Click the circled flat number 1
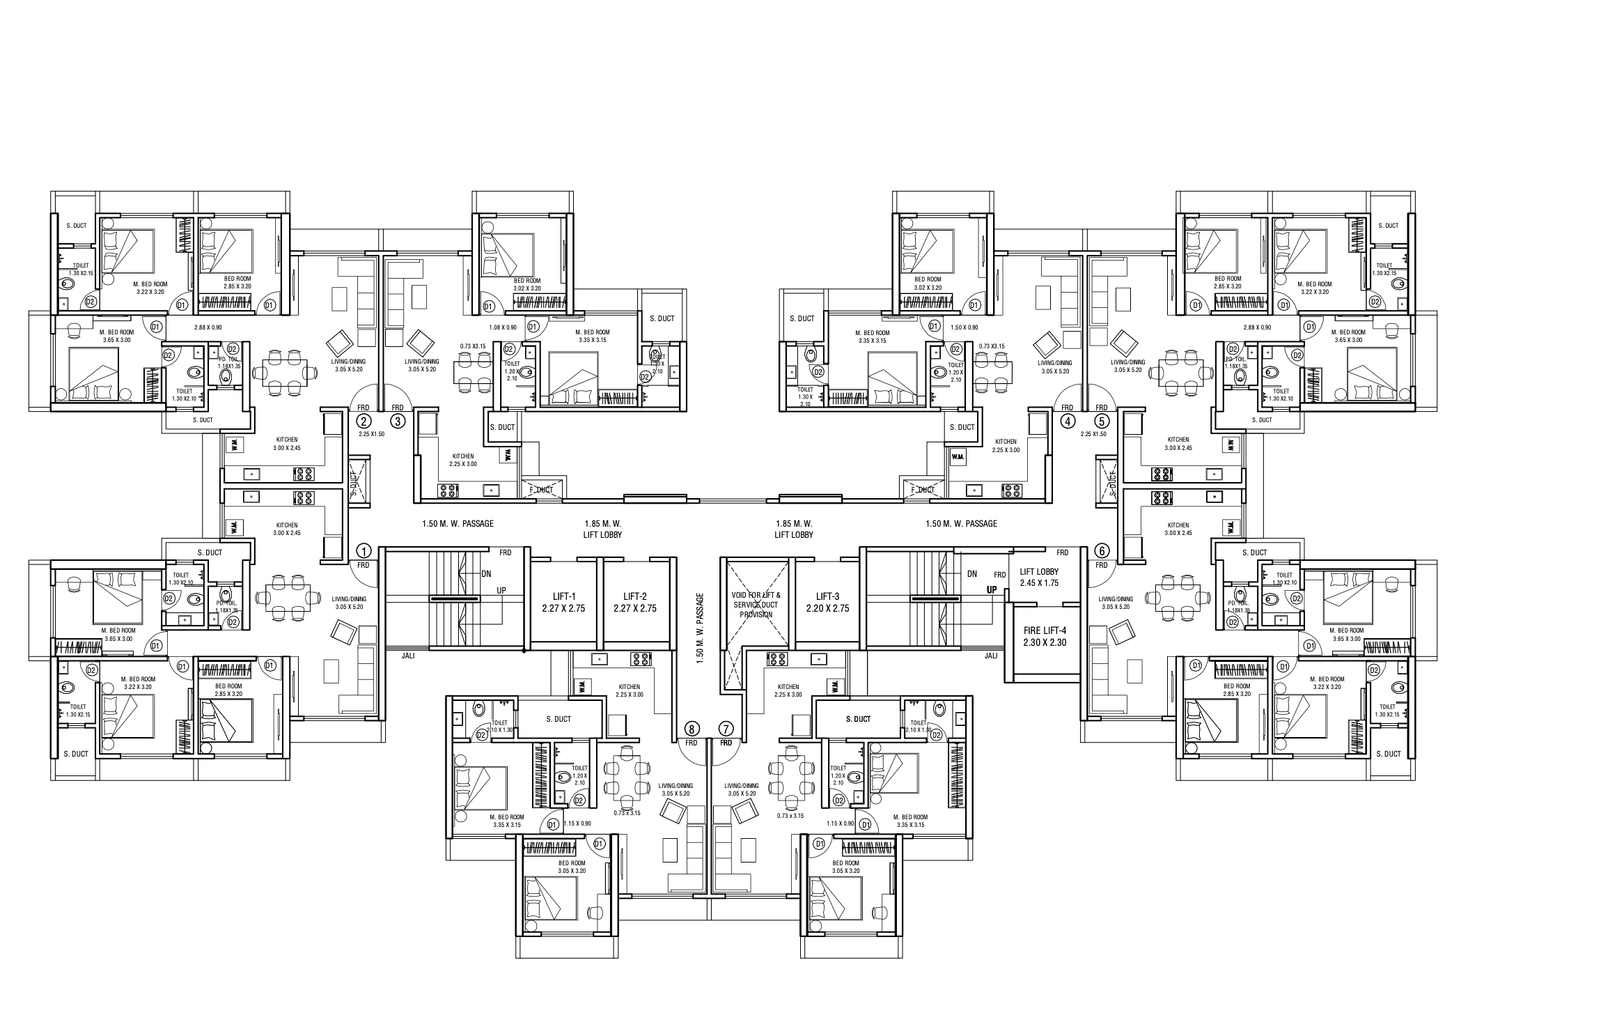point(362,550)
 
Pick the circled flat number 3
point(398,421)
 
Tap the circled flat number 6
point(1101,550)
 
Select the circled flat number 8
point(691,729)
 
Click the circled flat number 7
point(726,729)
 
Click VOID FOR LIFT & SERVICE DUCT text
point(756,605)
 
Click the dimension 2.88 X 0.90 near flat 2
point(208,327)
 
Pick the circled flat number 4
point(1067,421)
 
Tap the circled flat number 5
point(1102,421)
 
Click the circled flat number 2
point(363,421)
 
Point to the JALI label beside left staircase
point(408,656)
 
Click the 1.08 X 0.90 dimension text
point(502,327)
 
